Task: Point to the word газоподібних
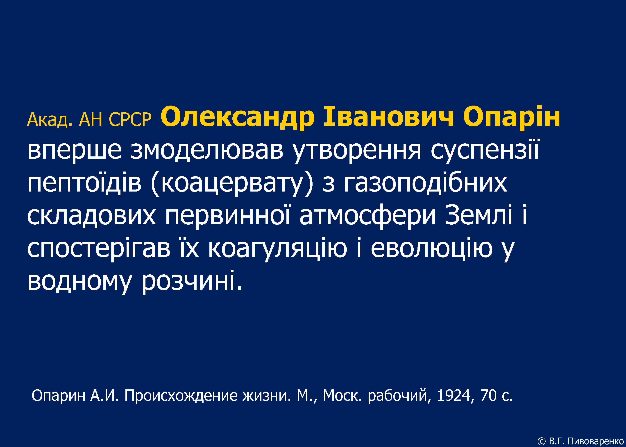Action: coord(425,184)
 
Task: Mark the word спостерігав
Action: coord(99,248)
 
